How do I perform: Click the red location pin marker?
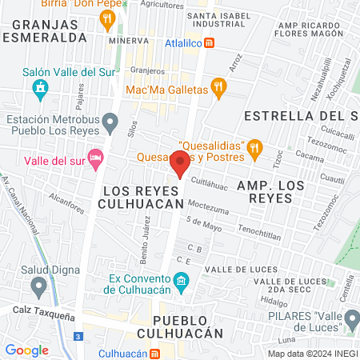click(180, 165)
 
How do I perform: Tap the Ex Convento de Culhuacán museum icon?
click(182, 281)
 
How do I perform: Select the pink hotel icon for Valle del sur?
click(97, 157)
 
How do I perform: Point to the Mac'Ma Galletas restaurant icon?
click(216, 87)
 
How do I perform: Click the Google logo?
click(26, 350)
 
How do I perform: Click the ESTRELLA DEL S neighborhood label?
click(300, 115)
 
